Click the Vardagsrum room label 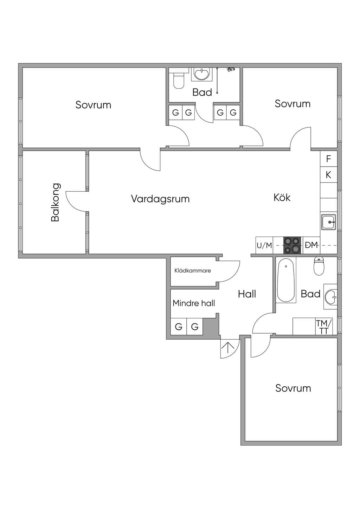160,199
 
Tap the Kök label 282,197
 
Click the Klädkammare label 193,271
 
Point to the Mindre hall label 194,303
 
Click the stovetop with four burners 292,245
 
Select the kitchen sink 329,222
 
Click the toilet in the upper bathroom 179,80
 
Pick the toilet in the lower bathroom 319,266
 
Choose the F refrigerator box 328,159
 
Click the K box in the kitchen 328,175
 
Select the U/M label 264,245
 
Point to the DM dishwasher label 311,245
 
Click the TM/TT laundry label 324,327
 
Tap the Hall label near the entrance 247,294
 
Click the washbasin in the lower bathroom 331,296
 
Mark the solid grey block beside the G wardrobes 211,326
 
